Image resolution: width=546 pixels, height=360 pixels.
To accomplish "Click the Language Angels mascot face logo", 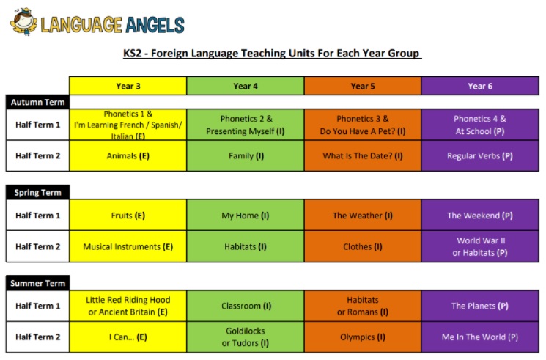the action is pyautogui.click(x=23, y=22).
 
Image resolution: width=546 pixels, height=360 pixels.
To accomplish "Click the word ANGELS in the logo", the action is pyautogui.click(x=155, y=25).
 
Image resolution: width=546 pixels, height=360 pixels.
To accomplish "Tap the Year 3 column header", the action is pyautogui.click(x=128, y=86).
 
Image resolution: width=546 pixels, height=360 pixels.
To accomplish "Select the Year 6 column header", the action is pyautogui.click(x=480, y=86).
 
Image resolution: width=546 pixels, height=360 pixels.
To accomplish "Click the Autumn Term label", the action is pyautogui.click(x=37, y=102).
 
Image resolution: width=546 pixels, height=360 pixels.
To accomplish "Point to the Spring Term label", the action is pyautogui.click(x=37, y=192).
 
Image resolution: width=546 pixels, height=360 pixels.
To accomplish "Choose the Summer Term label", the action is pyautogui.click(x=37, y=283).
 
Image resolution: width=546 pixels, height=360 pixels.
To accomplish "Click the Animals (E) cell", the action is pyautogui.click(x=128, y=155).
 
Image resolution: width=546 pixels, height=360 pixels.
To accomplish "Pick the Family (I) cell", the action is pyautogui.click(x=246, y=155).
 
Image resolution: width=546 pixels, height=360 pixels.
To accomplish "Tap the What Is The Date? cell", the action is pyautogui.click(x=363, y=155).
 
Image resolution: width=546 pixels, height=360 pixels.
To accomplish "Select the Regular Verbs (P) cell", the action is pyautogui.click(x=480, y=155).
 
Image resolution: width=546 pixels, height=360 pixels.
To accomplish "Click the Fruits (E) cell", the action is pyautogui.click(x=128, y=216).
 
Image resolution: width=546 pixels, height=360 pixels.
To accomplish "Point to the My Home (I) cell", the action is pyautogui.click(x=246, y=216).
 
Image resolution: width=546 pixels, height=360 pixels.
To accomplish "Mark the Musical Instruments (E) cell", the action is pyautogui.click(x=128, y=246).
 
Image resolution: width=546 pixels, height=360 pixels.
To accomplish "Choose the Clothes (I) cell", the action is pyautogui.click(x=363, y=246).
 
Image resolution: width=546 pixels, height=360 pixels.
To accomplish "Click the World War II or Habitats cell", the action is pyautogui.click(x=480, y=246).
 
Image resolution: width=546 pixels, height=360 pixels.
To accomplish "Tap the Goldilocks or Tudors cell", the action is pyautogui.click(x=246, y=337).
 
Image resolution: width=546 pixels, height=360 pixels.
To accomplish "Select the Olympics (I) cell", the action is pyautogui.click(x=363, y=337).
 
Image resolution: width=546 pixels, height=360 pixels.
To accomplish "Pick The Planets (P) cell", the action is pyautogui.click(x=480, y=306).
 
